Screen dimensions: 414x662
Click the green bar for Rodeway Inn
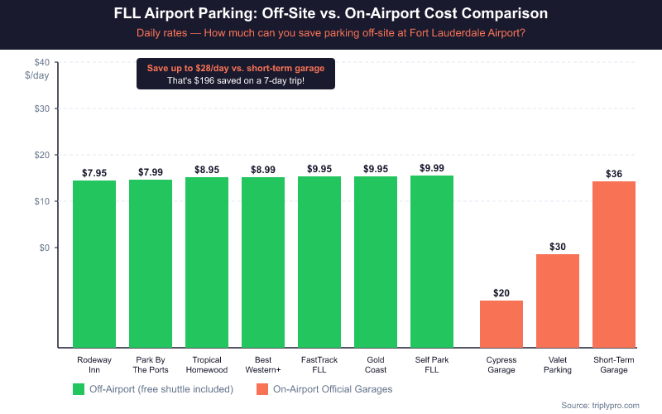point(94,263)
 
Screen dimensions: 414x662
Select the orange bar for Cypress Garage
point(501,324)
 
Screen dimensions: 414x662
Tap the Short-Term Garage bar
point(614,264)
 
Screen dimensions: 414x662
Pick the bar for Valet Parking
point(558,301)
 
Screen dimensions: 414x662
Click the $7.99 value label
point(151,172)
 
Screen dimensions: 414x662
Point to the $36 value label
point(614,173)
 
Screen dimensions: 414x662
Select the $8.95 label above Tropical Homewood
point(207,169)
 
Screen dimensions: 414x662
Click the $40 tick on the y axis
point(41,62)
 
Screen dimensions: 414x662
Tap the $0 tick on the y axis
point(45,248)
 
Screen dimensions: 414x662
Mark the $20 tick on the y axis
point(41,155)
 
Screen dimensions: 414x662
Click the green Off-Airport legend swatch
point(79,388)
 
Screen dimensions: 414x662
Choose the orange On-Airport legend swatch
point(262,388)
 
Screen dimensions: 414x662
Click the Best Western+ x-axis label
point(263,365)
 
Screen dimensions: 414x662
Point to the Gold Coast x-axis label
point(376,365)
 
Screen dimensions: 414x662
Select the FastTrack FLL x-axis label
point(319,365)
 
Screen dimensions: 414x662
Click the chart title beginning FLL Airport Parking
point(331,15)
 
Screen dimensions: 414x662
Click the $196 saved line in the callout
point(236,80)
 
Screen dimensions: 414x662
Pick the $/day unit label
point(37,75)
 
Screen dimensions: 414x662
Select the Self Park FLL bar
point(432,262)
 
